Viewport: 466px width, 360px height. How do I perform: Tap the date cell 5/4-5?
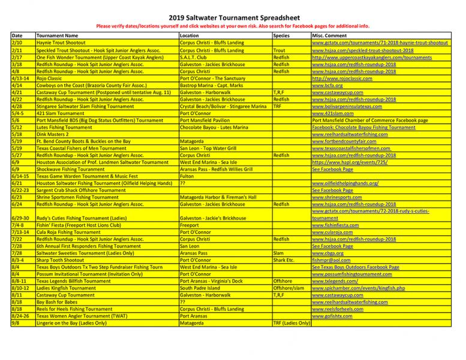click(18, 113)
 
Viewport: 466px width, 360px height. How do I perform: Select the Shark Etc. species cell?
click(283, 260)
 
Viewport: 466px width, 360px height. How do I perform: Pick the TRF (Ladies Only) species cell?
click(291, 322)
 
